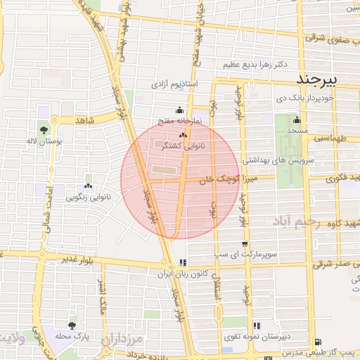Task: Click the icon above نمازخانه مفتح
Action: (x=179, y=110)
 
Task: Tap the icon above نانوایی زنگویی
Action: (x=88, y=186)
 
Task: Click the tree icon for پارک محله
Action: (x=72, y=326)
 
